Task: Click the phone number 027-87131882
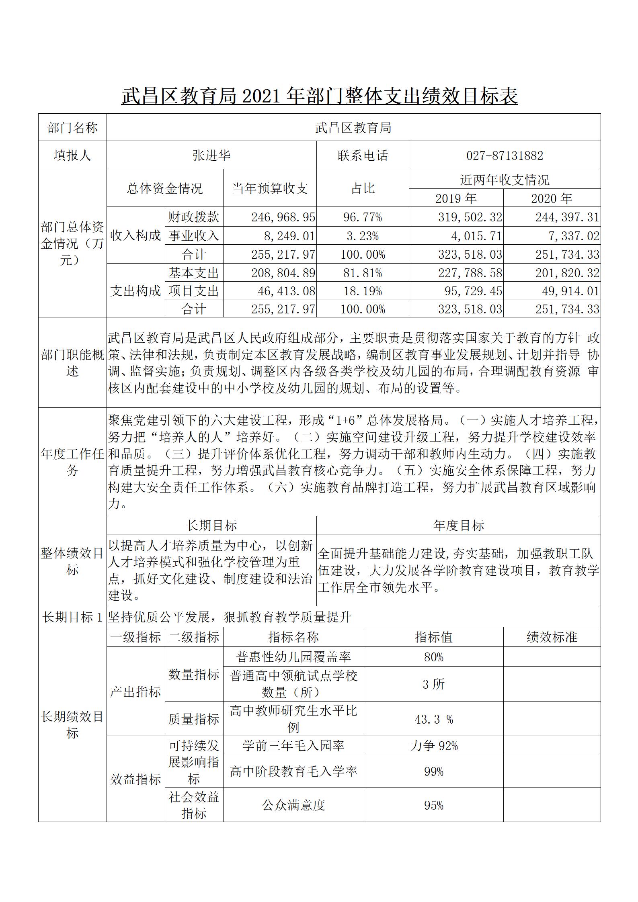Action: pyautogui.click(x=505, y=155)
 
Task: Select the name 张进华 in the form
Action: pyautogui.click(x=211, y=155)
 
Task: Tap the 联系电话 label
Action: pyautogui.click(x=363, y=155)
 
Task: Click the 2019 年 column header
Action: pyautogui.click(x=456, y=198)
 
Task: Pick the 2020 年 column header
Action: pyautogui.click(x=552, y=198)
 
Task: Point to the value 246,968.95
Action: pyautogui.click(x=283, y=217)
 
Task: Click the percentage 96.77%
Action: pyautogui.click(x=363, y=217)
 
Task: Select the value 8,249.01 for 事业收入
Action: pyautogui.click(x=289, y=236)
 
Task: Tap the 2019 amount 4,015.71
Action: pyautogui.click(x=476, y=236)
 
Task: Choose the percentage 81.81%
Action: pyautogui.click(x=363, y=273)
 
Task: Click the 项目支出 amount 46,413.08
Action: pyautogui.click(x=286, y=291)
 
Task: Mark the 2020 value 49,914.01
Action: pyautogui.click(x=570, y=291)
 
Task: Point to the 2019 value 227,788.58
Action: pyautogui.click(x=470, y=273)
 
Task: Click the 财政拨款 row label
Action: pyautogui.click(x=194, y=217)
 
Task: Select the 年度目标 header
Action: pyautogui.click(x=458, y=526)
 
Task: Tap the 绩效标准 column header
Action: pyautogui.click(x=552, y=637)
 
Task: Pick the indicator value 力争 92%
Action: pyautogui.click(x=433, y=746)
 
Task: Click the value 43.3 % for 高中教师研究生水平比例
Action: pyautogui.click(x=433, y=719)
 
